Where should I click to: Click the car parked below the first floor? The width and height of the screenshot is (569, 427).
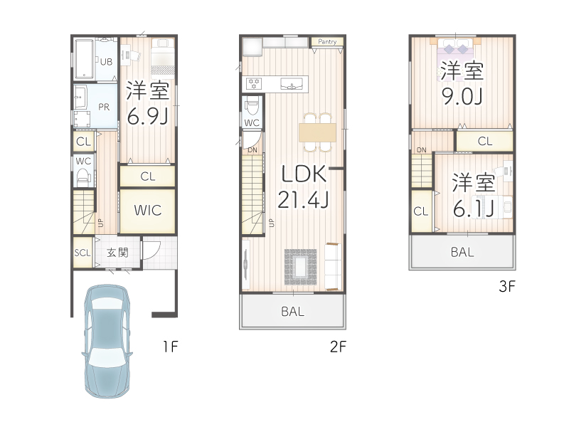(107, 341)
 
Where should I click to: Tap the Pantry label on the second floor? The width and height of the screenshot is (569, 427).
(327, 42)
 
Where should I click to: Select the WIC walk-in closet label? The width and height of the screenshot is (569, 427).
(148, 210)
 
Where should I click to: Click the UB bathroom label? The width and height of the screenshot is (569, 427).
(106, 62)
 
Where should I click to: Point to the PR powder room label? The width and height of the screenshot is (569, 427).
(104, 107)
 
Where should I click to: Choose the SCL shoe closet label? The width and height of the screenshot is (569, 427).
(83, 253)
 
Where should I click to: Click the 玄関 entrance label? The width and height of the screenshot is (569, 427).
(117, 253)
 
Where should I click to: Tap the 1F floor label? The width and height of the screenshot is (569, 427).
(170, 347)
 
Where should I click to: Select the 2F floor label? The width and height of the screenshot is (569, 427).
(338, 347)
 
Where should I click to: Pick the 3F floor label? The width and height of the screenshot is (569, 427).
(507, 287)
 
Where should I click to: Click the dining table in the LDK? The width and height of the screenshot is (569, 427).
(317, 132)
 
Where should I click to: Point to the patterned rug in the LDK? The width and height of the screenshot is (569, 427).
(300, 267)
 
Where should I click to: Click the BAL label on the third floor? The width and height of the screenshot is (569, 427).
(462, 252)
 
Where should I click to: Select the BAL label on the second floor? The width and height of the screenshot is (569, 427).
(293, 312)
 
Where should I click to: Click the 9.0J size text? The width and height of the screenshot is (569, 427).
(462, 96)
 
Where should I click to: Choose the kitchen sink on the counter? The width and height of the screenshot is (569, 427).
(292, 85)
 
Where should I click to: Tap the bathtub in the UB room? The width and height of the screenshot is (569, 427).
(84, 59)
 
